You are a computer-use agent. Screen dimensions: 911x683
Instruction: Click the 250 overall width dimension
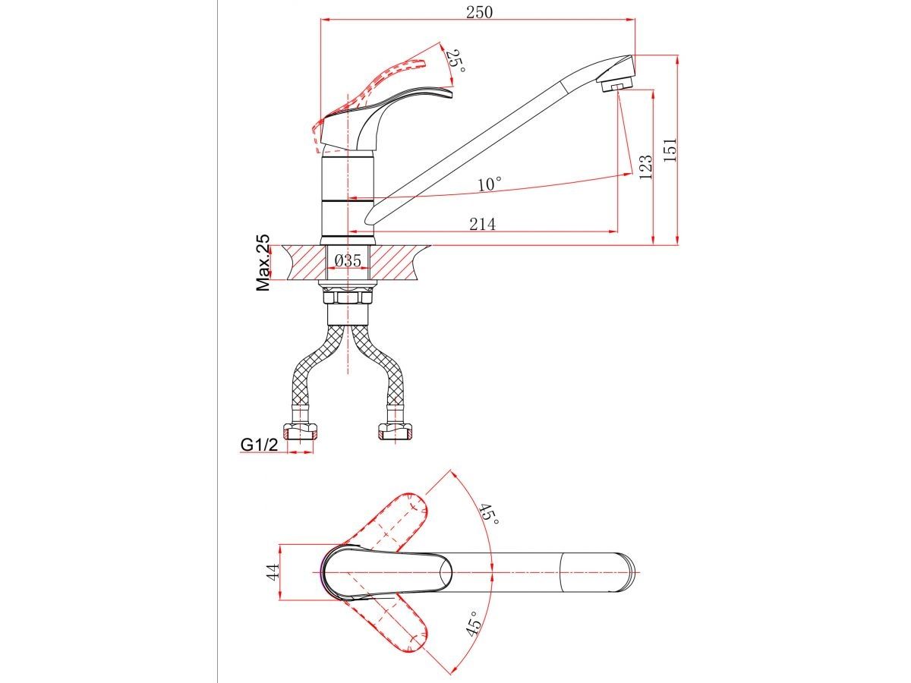(x=479, y=12)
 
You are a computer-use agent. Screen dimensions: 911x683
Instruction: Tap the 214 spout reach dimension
(x=482, y=225)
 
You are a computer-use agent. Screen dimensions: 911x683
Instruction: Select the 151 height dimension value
(x=670, y=150)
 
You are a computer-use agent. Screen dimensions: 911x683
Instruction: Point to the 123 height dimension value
(x=645, y=167)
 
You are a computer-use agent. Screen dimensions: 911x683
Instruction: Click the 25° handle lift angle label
(x=455, y=61)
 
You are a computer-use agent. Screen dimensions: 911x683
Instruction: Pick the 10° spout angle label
(x=490, y=184)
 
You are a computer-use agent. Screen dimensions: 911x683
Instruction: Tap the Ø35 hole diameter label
(x=348, y=260)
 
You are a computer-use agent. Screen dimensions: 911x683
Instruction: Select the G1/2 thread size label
(x=259, y=445)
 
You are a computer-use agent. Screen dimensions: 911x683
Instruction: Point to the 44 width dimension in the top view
(x=273, y=572)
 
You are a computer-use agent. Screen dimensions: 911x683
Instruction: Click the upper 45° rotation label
(x=489, y=520)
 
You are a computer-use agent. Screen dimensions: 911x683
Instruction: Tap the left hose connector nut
(x=299, y=431)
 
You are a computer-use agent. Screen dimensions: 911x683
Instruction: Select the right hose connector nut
(x=395, y=431)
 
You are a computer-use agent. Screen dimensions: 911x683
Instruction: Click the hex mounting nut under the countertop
(x=348, y=297)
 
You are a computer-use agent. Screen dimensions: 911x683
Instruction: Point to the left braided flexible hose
(x=314, y=367)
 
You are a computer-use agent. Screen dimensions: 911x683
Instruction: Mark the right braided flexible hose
(x=379, y=367)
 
